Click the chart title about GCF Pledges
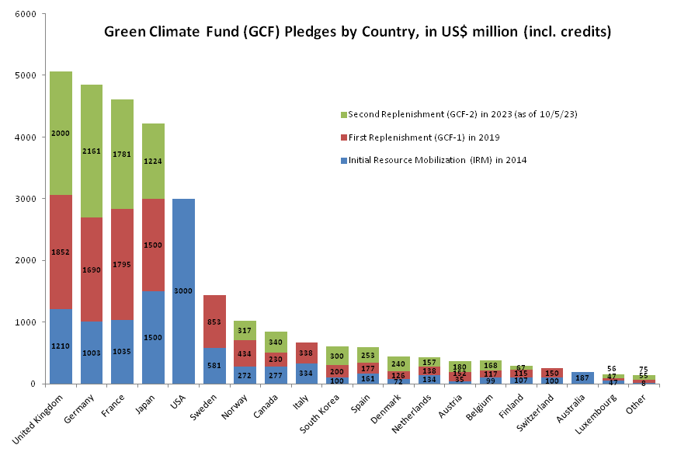[358, 33]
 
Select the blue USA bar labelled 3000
[183, 290]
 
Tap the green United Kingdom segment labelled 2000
[61, 133]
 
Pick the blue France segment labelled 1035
[122, 352]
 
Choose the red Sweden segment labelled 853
[214, 322]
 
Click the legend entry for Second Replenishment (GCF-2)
[462, 114]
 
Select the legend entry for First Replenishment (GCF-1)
[435, 137]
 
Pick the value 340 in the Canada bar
[275, 341]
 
